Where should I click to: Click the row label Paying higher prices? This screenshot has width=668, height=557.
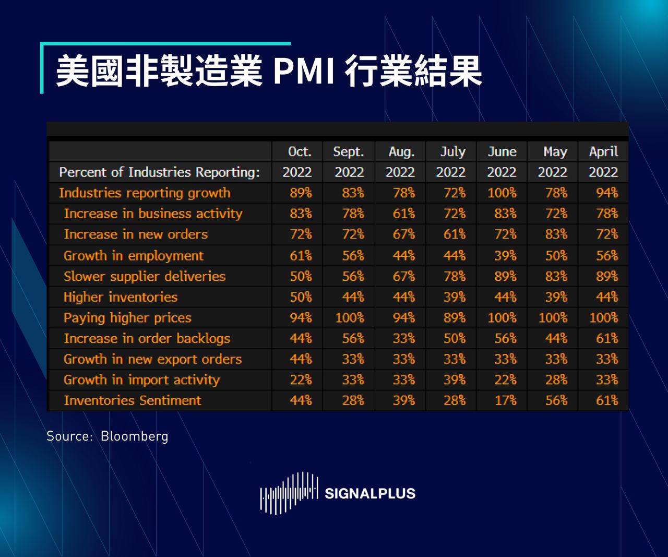point(127,318)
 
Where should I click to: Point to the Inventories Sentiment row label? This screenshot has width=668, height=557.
point(132,400)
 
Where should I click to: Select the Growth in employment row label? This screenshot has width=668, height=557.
point(134,256)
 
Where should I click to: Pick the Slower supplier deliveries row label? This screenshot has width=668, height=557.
point(145,276)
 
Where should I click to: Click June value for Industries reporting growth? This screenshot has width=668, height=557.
point(502,193)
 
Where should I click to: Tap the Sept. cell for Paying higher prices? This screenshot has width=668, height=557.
point(349,318)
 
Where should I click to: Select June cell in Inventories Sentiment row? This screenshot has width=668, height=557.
point(505,400)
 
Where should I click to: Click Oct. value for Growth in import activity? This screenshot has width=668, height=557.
point(301,380)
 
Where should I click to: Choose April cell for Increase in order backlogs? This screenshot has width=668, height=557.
point(607,338)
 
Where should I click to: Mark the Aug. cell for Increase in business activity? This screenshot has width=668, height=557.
point(403,214)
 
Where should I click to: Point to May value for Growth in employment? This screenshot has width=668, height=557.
point(556,256)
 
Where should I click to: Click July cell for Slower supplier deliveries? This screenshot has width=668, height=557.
point(454,276)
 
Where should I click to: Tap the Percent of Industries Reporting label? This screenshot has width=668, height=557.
point(159,172)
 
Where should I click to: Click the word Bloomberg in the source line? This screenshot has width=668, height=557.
point(134,436)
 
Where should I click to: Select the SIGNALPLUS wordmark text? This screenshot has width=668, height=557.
point(369,494)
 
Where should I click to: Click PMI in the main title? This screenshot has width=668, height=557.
point(303,72)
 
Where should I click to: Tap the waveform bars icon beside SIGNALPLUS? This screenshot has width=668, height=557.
point(289,493)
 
